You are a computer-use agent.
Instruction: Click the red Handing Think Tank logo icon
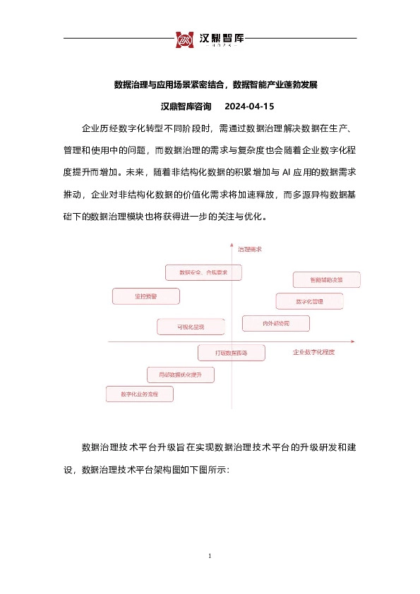tap(185, 40)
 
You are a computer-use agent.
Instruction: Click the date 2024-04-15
tap(248, 107)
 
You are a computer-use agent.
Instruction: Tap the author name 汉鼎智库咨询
tap(186, 107)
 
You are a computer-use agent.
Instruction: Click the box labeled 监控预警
tap(145, 296)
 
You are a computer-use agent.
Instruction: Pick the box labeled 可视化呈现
tap(191, 327)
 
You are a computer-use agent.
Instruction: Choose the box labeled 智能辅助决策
tap(326, 280)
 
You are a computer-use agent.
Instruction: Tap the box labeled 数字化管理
tap(310, 301)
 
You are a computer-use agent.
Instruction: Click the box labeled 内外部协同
tap(276, 323)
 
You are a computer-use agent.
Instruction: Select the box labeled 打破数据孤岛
tap(231, 351)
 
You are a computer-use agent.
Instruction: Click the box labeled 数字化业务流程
tap(139, 394)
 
